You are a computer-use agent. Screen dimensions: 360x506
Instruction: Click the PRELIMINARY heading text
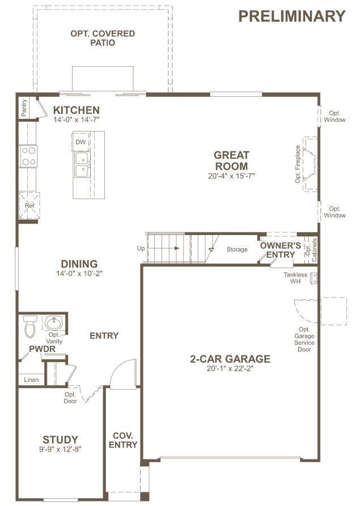pyautogui.click(x=292, y=16)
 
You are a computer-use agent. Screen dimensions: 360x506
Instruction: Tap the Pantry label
pyautogui.click(x=24, y=108)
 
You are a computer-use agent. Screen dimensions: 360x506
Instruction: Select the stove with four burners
pyautogui.click(x=28, y=156)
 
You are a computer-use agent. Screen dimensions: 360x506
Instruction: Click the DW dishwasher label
pyautogui.click(x=81, y=142)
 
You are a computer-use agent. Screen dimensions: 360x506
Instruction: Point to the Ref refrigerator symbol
pyautogui.click(x=29, y=206)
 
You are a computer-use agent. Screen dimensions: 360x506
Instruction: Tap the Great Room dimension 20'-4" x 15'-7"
pyautogui.click(x=231, y=176)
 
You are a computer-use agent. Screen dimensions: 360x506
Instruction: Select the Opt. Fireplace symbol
pyautogui.click(x=310, y=164)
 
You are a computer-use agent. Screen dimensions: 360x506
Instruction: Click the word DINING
pyautogui.click(x=79, y=263)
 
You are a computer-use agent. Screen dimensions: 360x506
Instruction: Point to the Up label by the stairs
pyautogui.click(x=141, y=248)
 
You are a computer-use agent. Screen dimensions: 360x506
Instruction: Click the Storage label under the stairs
pyautogui.click(x=237, y=249)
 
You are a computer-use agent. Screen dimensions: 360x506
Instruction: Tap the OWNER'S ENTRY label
pyautogui.click(x=280, y=250)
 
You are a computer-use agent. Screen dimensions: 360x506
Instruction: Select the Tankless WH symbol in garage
pyautogui.click(x=314, y=278)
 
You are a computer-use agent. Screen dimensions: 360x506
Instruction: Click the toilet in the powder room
pyautogui.click(x=30, y=326)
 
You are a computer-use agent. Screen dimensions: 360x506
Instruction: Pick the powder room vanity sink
pyautogui.click(x=54, y=323)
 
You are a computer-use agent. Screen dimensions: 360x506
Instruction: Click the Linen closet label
pyautogui.click(x=31, y=380)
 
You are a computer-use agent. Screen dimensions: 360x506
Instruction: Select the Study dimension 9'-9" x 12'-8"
pyautogui.click(x=60, y=449)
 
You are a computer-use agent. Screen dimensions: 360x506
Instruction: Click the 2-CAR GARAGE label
pyautogui.click(x=230, y=359)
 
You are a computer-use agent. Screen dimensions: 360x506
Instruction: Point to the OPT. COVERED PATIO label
pyautogui.click(x=103, y=38)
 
